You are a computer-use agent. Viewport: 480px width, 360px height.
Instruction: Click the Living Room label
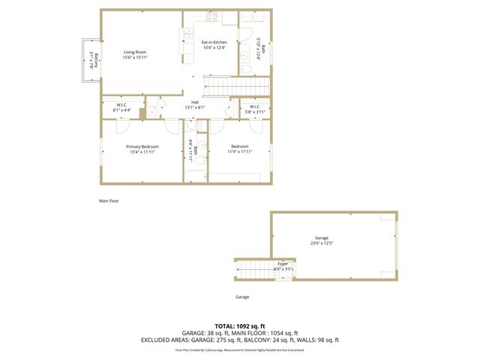136,52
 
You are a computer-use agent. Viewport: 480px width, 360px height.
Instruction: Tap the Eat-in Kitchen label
214,43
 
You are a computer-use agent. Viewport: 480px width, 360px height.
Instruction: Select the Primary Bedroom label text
141,146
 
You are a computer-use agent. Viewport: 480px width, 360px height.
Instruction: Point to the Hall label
195,102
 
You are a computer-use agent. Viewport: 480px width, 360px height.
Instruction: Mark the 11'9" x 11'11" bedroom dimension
241,151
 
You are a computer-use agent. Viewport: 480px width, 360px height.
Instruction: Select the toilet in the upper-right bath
245,68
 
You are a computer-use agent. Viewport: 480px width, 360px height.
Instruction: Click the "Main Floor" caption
109,201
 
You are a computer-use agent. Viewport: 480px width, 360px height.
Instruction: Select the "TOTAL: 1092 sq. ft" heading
240,325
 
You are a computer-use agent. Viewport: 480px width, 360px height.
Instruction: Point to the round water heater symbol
153,109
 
